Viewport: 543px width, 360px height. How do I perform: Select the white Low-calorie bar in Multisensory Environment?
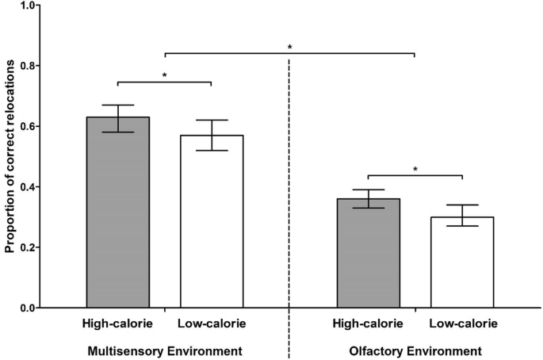[212, 221]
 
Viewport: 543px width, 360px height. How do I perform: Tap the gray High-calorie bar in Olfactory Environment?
[368, 253]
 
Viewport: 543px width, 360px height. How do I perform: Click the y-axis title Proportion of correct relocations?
[10, 155]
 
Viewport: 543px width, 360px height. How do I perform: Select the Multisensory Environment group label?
[164, 350]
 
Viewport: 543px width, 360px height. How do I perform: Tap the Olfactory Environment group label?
[415, 350]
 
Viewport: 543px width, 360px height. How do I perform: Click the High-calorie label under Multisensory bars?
[118, 324]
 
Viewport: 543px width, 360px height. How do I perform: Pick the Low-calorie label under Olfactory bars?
[463, 324]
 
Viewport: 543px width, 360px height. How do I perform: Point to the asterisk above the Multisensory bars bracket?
[165, 76]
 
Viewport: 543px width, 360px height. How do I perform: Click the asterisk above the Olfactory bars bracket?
[415, 170]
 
